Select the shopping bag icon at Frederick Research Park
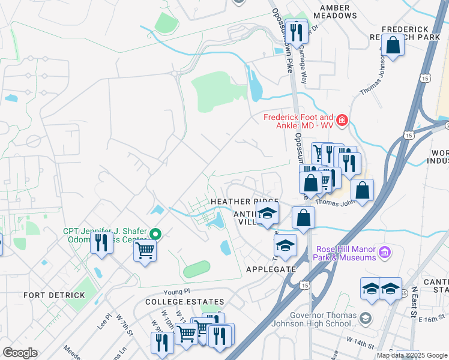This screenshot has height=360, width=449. click(393, 46)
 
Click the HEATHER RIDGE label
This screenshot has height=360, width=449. click(244, 202)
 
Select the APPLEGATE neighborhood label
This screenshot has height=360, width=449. click(271, 269)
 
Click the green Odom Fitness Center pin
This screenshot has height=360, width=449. click(155, 234)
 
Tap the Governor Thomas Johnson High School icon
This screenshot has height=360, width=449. click(365, 316)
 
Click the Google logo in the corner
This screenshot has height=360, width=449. click(20, 353)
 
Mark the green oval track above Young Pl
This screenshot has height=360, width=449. click(197, 269)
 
